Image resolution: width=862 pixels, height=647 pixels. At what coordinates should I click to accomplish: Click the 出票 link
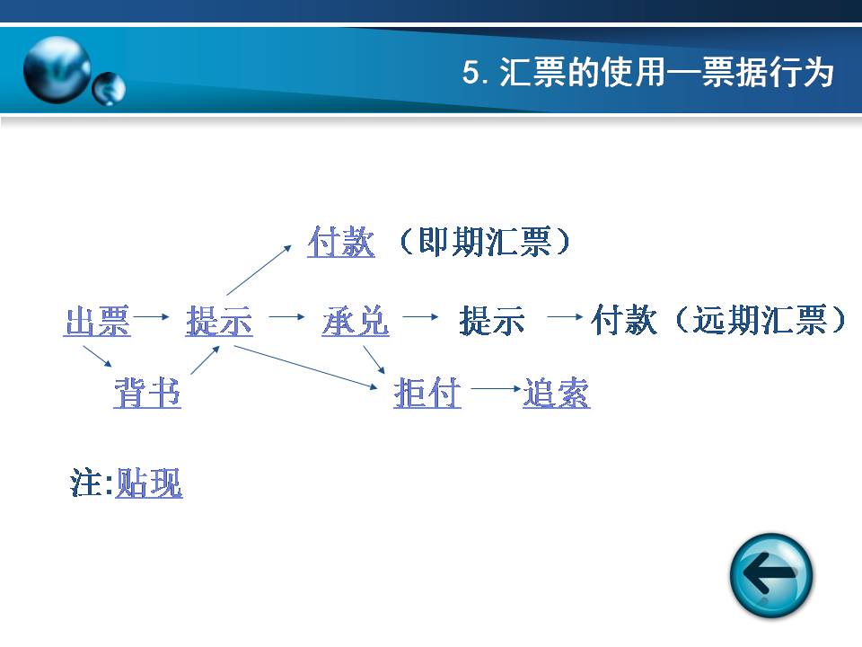coord(97,322)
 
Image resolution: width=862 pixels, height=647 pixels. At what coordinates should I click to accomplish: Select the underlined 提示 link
coord(219,322)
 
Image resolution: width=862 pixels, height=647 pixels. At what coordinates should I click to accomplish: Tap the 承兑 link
coord(356,322)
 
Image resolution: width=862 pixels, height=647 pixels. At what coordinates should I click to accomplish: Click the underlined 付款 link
coord(341,242)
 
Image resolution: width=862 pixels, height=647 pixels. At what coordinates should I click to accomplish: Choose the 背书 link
coord(147,393)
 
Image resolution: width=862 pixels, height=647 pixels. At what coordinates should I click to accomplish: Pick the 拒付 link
coord(427,393)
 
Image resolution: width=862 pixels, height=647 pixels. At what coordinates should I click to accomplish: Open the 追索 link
coord(557,393)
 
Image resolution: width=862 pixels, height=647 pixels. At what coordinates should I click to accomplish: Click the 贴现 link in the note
coord(149,483)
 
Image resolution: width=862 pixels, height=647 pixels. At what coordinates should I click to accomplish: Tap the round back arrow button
coord(771,575)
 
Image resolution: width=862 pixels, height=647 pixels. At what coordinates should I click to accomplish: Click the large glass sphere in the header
coord(57,70)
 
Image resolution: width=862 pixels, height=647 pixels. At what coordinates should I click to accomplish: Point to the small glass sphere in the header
coord(109,89)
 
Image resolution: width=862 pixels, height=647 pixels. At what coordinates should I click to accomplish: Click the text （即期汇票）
coord(484,242)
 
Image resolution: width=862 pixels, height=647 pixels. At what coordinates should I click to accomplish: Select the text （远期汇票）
coord(761,320)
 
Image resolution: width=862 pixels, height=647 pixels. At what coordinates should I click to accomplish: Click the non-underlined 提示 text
coord(492,322)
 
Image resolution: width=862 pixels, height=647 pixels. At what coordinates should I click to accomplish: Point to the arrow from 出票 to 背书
coord(97,356)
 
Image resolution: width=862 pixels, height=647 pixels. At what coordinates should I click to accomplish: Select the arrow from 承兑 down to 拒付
coord(374,359)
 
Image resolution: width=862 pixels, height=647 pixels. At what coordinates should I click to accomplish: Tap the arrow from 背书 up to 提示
coord(205,359)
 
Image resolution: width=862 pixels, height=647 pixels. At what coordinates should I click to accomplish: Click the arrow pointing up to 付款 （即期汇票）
coord(259,270)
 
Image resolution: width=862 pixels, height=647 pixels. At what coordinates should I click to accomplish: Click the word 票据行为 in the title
coord(768,72)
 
